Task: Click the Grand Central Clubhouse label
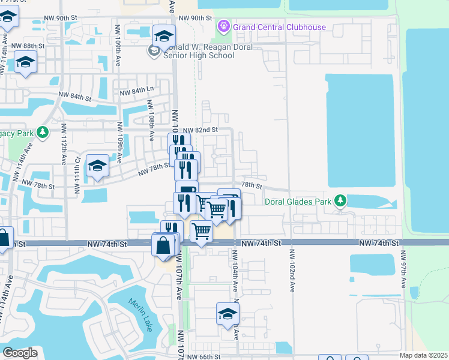tap(280, 27)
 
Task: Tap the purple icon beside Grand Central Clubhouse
tap(224, 26)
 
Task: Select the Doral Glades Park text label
tap(298, 202)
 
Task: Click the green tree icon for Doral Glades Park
tap(341, 200)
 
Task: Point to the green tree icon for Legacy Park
tap(43, 132)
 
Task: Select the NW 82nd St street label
tap(200, 130)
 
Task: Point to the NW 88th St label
tap(28, 46)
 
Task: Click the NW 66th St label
tap(204, 357)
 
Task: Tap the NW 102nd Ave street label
tap(292, 271)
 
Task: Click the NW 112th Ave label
tap(64, 145)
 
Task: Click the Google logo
tap(20, 353)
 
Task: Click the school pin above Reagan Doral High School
tap(163, 37)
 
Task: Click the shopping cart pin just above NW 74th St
tap(201, 231)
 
